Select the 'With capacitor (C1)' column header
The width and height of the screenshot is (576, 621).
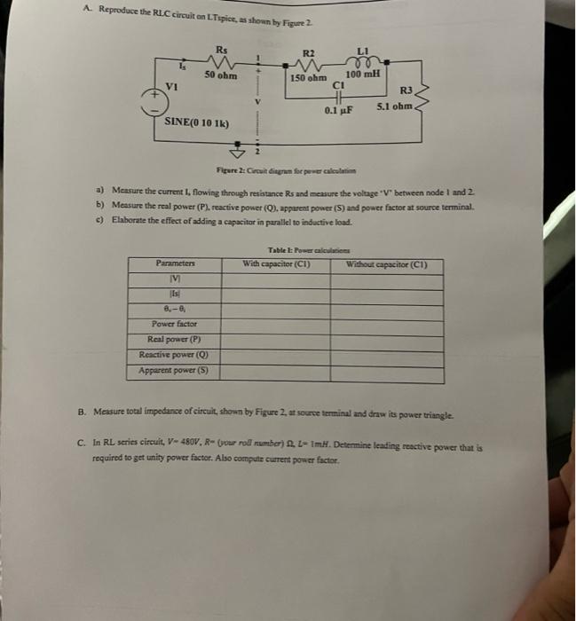coord(275,263)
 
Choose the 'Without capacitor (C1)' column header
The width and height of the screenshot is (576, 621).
coord(388,263)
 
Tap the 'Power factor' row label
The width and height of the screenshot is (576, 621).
coord(174,324)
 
